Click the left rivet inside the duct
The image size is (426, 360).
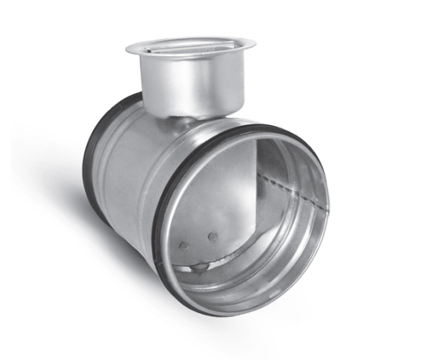[x=185, y=246]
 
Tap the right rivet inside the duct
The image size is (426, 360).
[x=213, y=236]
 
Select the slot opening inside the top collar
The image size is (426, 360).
[x=183, y=49]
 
